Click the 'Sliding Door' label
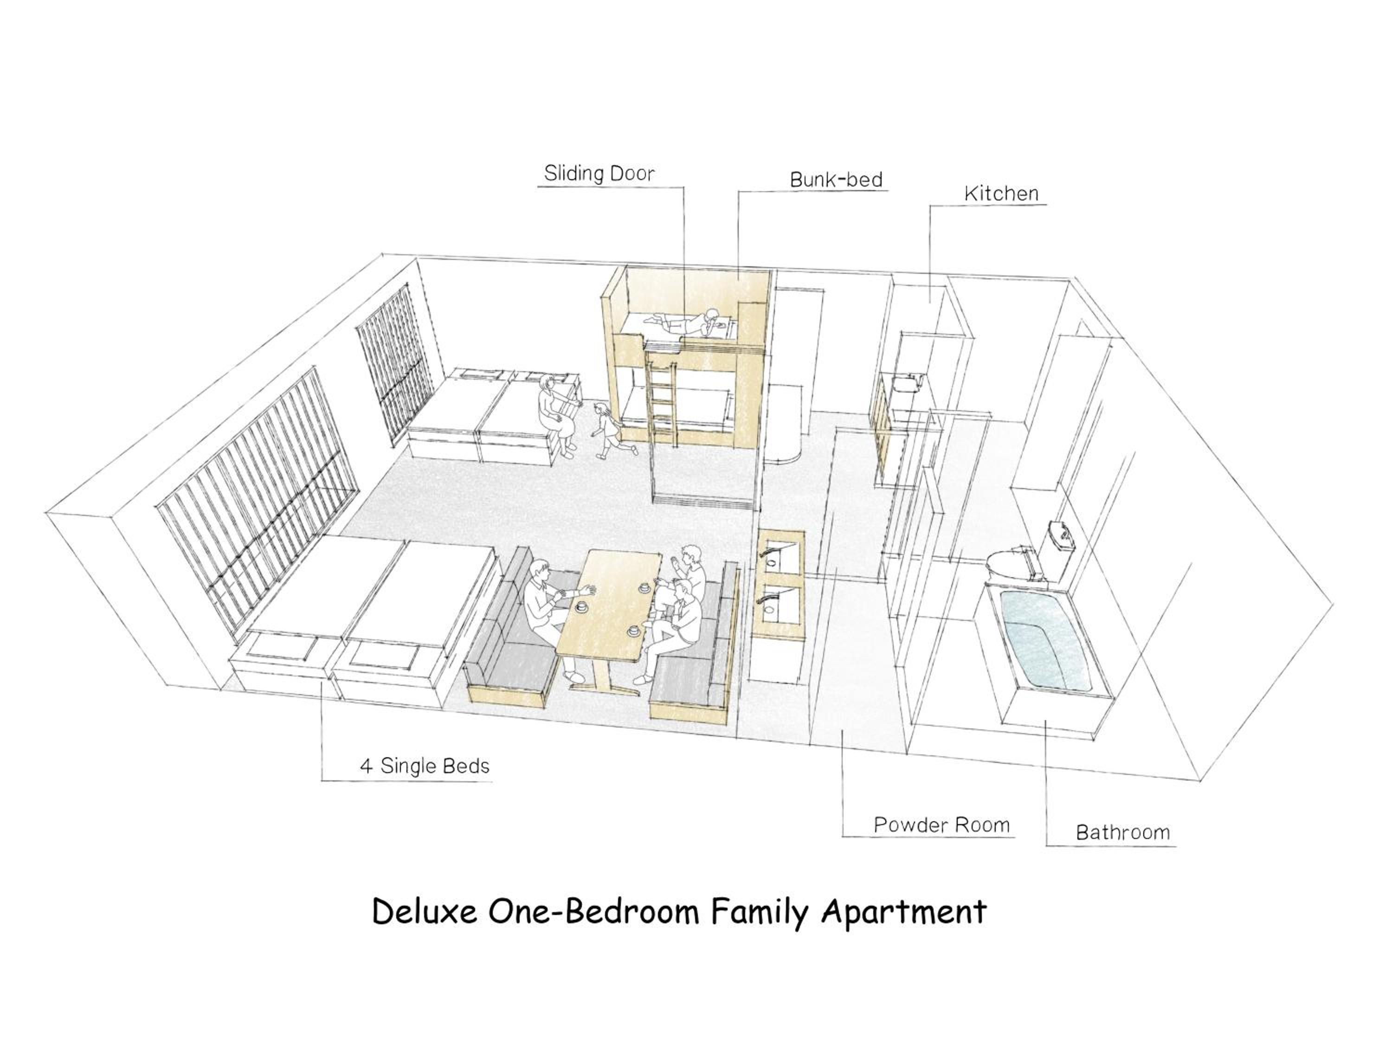tap(599, 173)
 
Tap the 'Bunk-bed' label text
tap(836, 180)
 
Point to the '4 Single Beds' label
tap(424, 766)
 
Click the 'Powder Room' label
tap(941, 825)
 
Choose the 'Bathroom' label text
tap(1123, 832)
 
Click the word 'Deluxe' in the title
tap(425, 912)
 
